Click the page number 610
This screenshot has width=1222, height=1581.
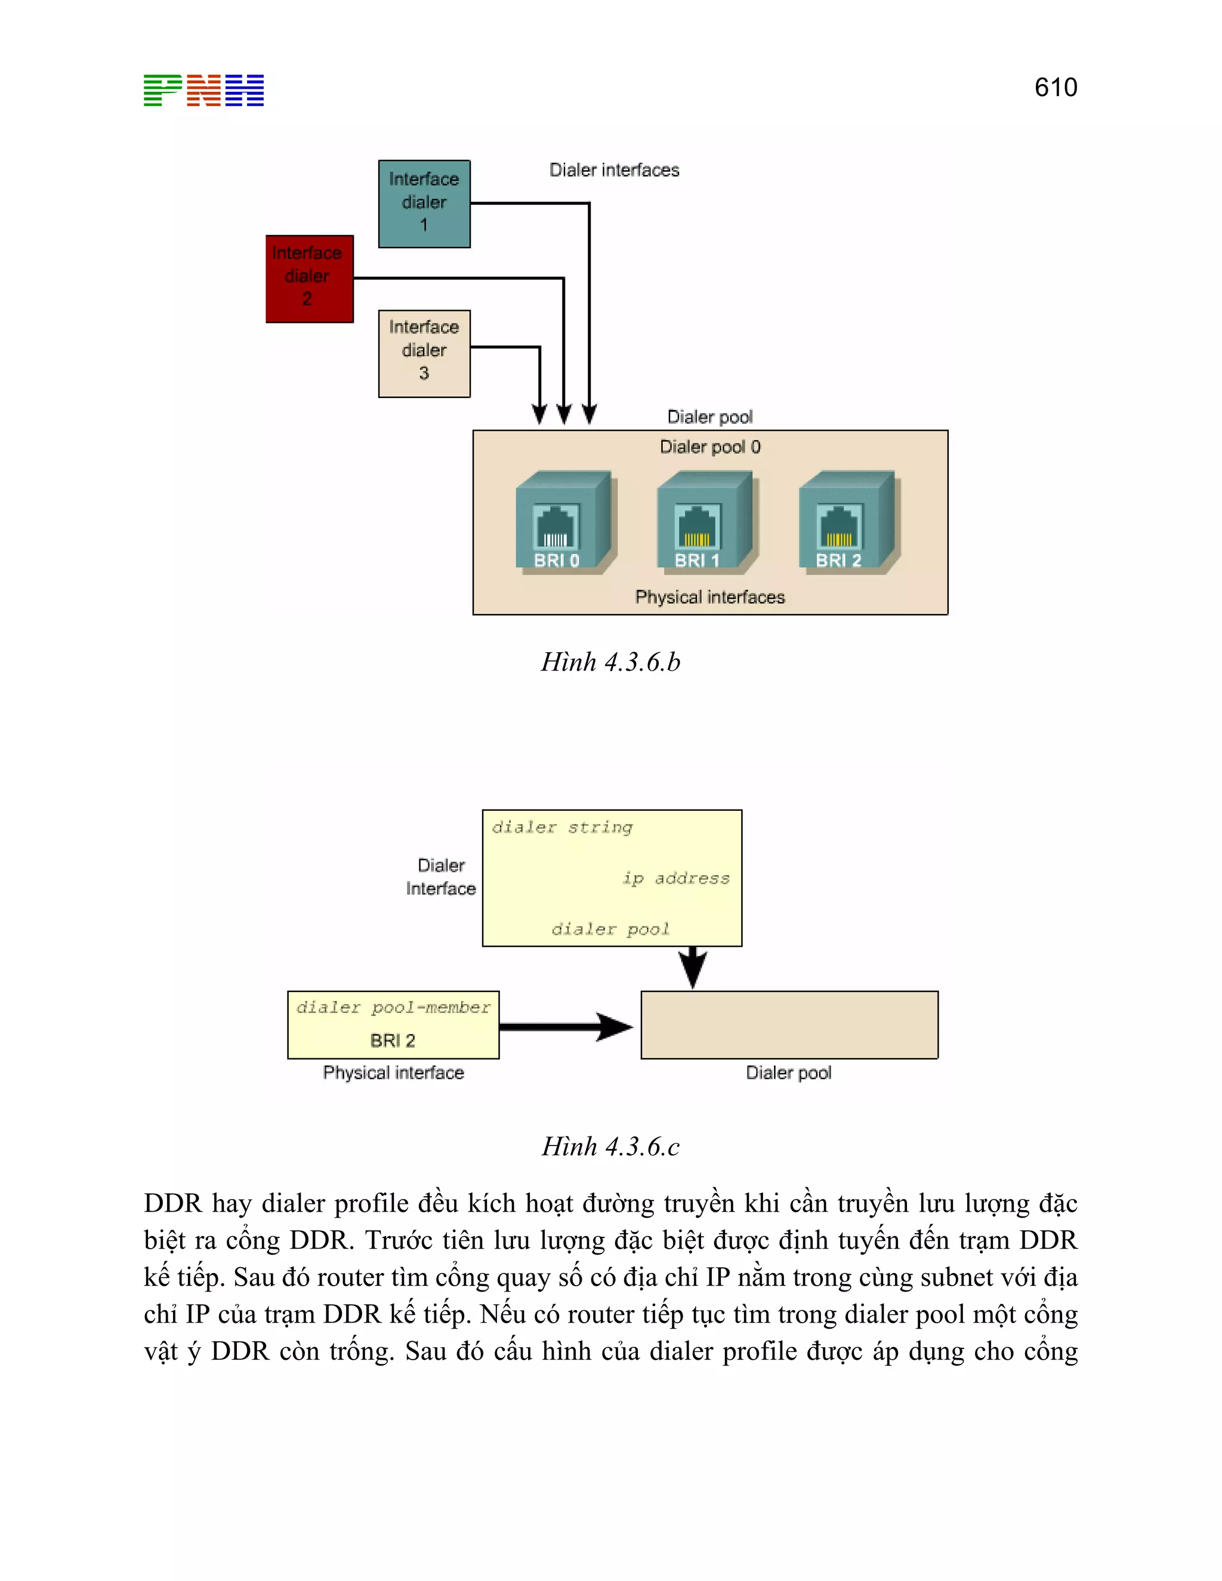[x=1056, y=88]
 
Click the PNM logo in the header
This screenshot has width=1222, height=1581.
[x=203, y=91]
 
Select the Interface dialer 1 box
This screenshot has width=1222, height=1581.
[x=424, y=203]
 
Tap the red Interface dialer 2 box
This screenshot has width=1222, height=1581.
[x=309, y=278]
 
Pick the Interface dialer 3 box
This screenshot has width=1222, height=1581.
[x=424, y=353]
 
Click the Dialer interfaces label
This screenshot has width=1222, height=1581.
[x=614, y=170]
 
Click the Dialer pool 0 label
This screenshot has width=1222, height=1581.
[x=709, y=447]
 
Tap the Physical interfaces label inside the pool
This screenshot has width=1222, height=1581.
[x=709, y=597]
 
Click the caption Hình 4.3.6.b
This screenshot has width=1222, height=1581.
[x=610, y=662]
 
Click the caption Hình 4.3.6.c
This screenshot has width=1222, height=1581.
[x=610, y=1147]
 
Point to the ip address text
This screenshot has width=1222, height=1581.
[x=676, y=878]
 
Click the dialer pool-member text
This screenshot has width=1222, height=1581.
[x=393, y=1007]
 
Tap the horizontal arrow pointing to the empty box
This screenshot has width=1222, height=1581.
[x=564, y=1027]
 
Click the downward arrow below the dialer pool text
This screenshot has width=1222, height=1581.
[x=693, y=967]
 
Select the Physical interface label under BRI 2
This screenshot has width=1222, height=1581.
[x=393, y=1072]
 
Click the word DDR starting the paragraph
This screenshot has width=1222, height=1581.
[x=172, y=1204]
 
